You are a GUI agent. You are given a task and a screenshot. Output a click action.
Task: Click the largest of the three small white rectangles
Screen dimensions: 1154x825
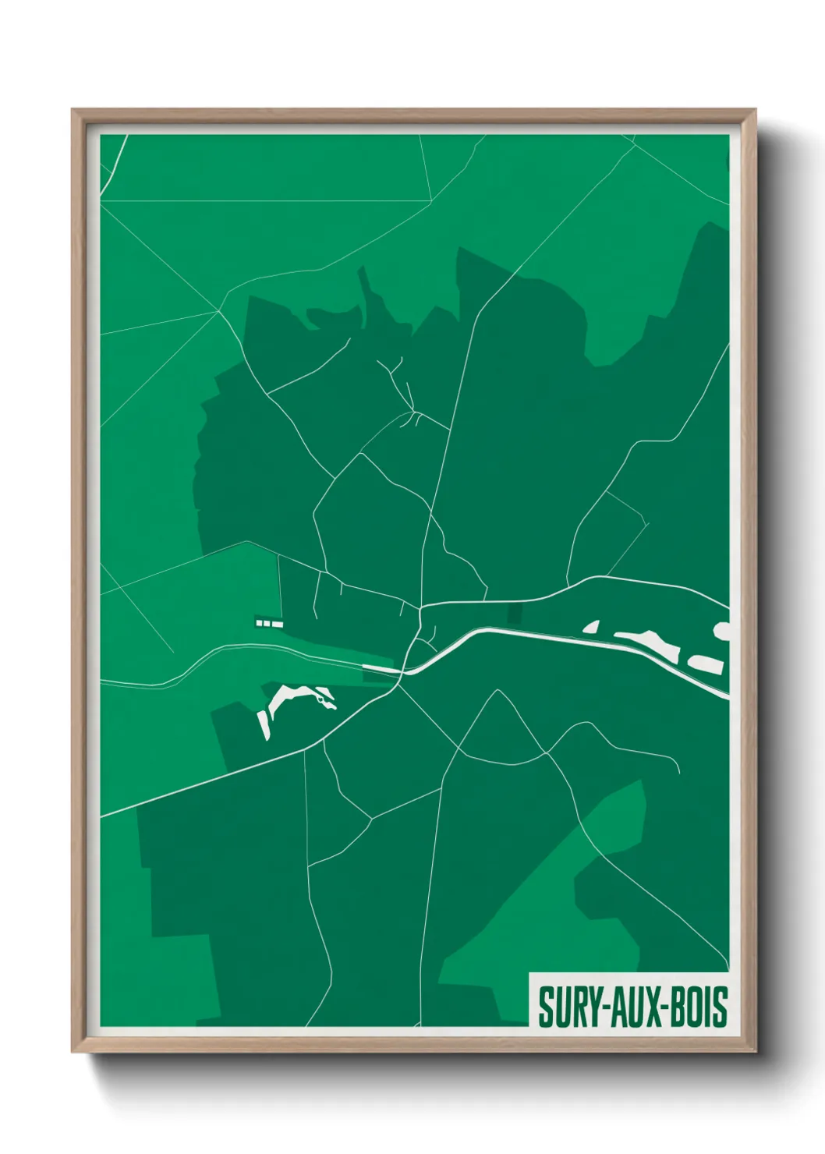277,624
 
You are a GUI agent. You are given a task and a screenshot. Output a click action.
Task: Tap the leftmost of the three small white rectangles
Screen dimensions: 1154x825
259,622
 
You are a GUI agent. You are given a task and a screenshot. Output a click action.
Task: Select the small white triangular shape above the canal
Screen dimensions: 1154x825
592,626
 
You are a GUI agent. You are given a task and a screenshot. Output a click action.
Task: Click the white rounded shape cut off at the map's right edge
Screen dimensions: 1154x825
723,630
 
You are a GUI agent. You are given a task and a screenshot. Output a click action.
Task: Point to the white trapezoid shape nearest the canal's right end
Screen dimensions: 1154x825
706,664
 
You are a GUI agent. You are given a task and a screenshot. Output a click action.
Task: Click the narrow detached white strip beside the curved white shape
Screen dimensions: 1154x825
264,724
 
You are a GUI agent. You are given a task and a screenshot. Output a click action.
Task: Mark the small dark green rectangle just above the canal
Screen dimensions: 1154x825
514,613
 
